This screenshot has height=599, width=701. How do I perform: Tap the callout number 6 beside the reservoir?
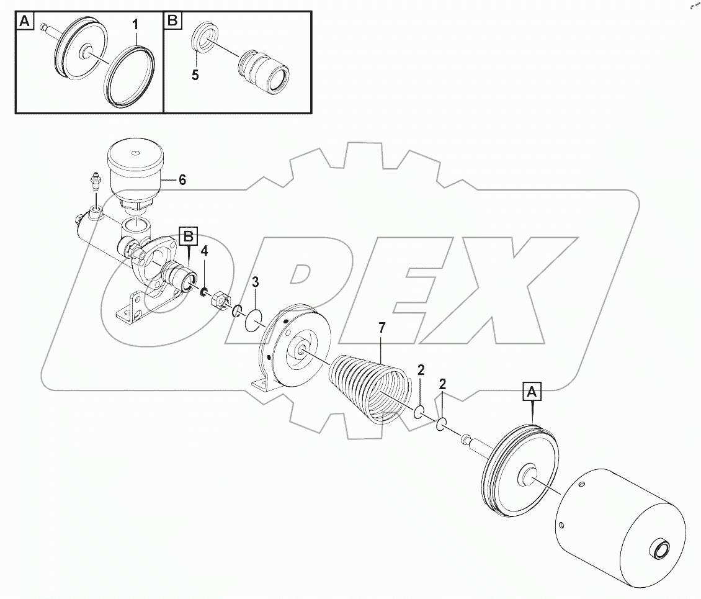(x=182, y=180)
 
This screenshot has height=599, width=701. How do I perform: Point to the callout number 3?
(x=254, y=284)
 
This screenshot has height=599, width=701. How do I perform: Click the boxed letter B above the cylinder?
(x=189, y=236)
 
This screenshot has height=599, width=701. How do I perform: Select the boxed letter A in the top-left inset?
(x=24, y=21)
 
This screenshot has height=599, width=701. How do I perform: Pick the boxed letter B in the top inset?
(x=172, y=21)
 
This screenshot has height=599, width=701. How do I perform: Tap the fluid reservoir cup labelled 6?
(x=135, y=171)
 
